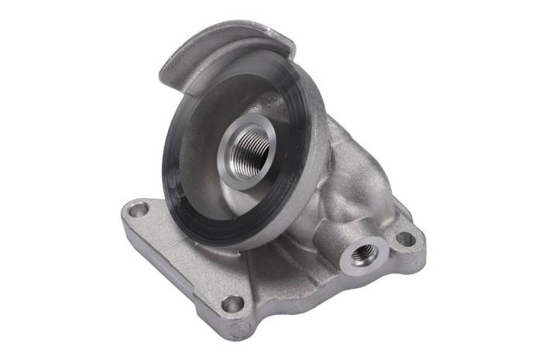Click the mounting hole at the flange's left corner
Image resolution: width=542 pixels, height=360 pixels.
pos(138,209)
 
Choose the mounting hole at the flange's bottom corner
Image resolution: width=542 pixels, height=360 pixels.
pos(233,303)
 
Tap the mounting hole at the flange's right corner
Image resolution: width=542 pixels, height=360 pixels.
pos(404,238)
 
